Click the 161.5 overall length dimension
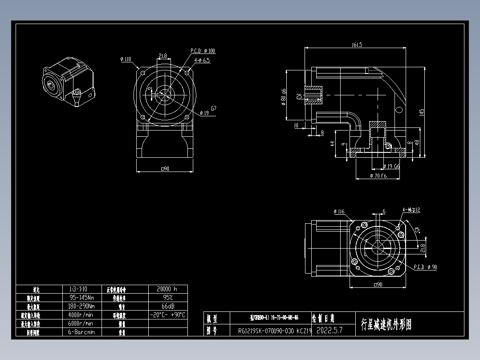click(x=357, y=45)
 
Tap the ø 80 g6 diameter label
click(x=284, y=97)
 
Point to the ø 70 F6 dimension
click(x=378, y=176)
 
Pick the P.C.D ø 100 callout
click(x=203, y=51)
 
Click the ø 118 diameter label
click(x=126, y=59)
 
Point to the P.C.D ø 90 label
click(x=425, y=267)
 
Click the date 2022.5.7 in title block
click(x=329, y=331)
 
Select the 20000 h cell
click(x=167, y=289)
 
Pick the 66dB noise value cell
click(x=167, y=306)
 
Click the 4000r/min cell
click(x=81, y=315)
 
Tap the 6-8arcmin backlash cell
click(x=81, y=332)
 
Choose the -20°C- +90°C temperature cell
click(x=167, y=315)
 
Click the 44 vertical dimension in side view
click(x=333, y=143)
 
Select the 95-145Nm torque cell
click(x=81, y=297)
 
